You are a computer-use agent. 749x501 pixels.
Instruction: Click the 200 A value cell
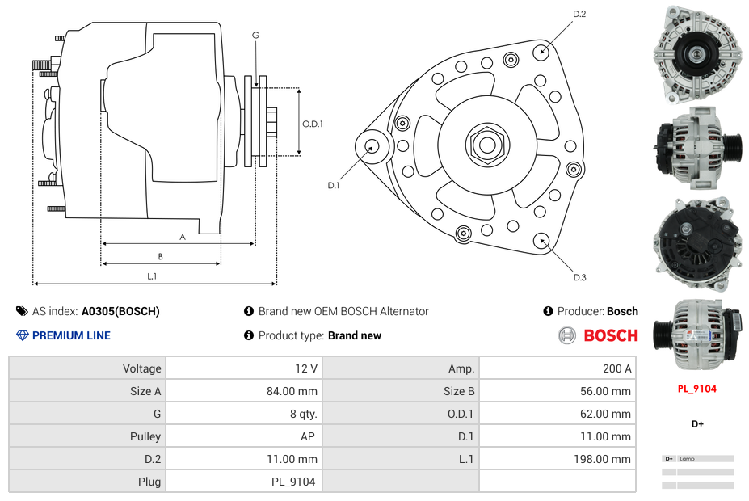(616, 368)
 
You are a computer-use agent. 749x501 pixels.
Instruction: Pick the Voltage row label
(141, 368)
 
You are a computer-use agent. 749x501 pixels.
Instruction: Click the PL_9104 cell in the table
(293, 482)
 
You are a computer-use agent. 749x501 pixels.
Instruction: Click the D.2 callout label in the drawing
(579, 15)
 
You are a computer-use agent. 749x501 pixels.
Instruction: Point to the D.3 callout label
(579, 278)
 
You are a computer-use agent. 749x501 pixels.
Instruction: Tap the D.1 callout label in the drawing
(334, 185)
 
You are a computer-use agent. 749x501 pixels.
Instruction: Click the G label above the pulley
(255, 35)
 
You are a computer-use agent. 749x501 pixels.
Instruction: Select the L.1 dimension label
(151, 276)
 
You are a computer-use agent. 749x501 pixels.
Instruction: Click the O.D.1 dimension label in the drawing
(313, 124)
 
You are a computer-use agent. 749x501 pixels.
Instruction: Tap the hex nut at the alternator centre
(486, 145)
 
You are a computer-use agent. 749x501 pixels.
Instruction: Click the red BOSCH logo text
(611, 335)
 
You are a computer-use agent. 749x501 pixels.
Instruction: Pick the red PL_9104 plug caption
(696, 389)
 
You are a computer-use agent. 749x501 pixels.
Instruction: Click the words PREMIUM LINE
(71, 335)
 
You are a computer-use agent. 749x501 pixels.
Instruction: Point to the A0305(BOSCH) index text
(120, 311)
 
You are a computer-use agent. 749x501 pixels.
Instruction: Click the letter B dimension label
(160, 257)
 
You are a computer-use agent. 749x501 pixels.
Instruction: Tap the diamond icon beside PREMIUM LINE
(22, 335)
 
